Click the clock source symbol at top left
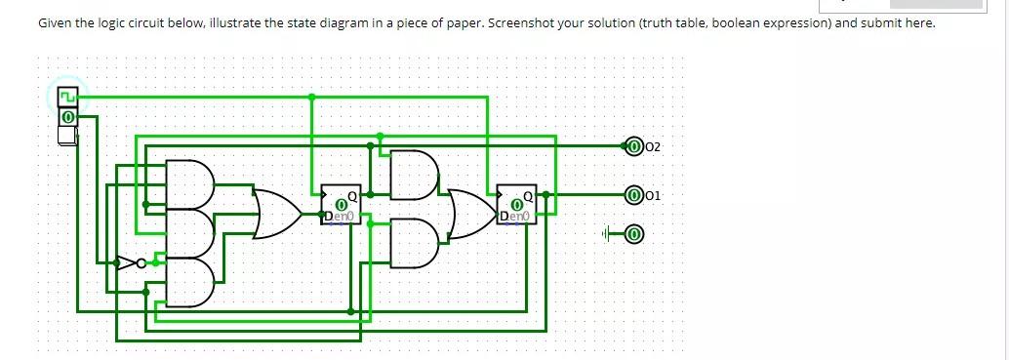pyautogui.click(x=67, y=97)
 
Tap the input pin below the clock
pyautogui.click(x=67, y=116)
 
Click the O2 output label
pyautogui.click(x=653, y=146)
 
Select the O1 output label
pyautogui.click(x=653, y=195)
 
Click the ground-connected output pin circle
pyautogui.click(x=633, y=234)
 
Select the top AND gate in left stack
pyautogui.click(x=190, y=183)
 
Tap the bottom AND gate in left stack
pyautogui.click(x=190, y=283)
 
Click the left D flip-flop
pyautogui.click(x=342, y=204)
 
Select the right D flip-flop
pyautogui.click(x=516, y=204)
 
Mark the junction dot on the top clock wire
pyautogui.click(x=311, y=97)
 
